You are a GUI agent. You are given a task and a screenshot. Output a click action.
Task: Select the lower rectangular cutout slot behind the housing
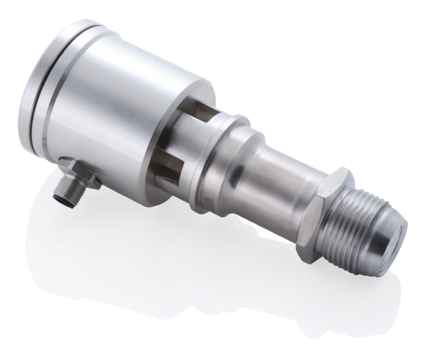coord(169,168)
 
